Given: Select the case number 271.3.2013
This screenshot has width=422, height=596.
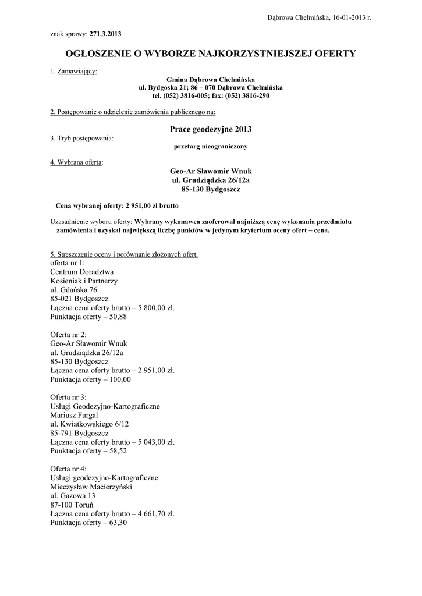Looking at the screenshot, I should [x=105, y=34].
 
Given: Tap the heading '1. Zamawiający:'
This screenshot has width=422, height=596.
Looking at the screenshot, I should [x=74, y=72].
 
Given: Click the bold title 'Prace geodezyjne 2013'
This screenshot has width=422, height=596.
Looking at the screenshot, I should [x=211, y=129].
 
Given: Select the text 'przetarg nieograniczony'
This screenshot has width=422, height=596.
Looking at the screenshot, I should [x=211, y=146].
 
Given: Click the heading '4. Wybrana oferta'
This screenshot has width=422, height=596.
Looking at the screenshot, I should [x=76, y=162].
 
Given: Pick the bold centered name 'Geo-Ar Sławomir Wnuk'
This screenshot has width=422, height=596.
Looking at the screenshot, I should [x=211, y=171].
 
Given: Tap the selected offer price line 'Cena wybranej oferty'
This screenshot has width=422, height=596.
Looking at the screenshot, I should [x=116, y=205].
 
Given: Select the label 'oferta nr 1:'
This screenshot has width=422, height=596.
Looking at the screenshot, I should [x=68, y=263].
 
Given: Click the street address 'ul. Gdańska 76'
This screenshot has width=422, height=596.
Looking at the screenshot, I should [x=74, y=290].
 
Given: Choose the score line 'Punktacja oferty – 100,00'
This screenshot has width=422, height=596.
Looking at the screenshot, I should [x=91, y=379].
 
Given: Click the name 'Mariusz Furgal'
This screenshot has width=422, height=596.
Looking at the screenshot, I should [x=74, y=415].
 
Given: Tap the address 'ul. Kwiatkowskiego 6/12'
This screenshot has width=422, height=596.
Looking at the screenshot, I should [x=90, y=424].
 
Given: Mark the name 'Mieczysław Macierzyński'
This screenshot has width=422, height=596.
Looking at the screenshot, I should [x=91, y=487].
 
